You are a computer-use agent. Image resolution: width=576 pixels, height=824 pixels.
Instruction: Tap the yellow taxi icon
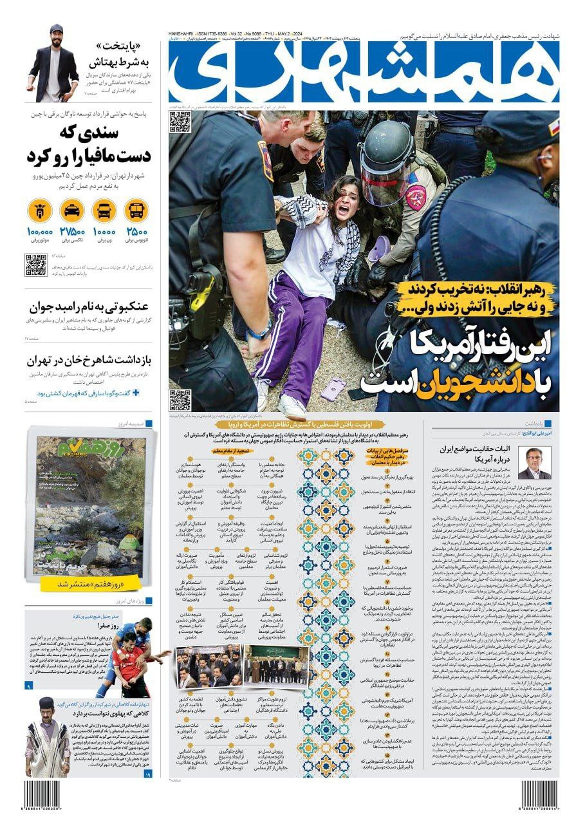pos(72,210)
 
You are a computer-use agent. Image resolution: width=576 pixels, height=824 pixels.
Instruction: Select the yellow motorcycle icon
pos(40,210)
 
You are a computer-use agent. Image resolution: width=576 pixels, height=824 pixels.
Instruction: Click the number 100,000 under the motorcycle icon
pos(40,232)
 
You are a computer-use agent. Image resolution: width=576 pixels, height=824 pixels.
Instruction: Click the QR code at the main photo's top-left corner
pos(180,121)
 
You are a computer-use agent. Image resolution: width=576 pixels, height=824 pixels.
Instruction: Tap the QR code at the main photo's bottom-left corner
pos(180,400)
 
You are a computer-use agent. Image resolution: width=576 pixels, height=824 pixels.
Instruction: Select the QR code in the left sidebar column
pos(36,265)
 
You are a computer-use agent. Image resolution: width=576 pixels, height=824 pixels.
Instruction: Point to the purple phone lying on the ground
pos(333,388)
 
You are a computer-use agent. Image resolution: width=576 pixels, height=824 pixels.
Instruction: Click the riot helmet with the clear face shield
pos(387,161)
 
